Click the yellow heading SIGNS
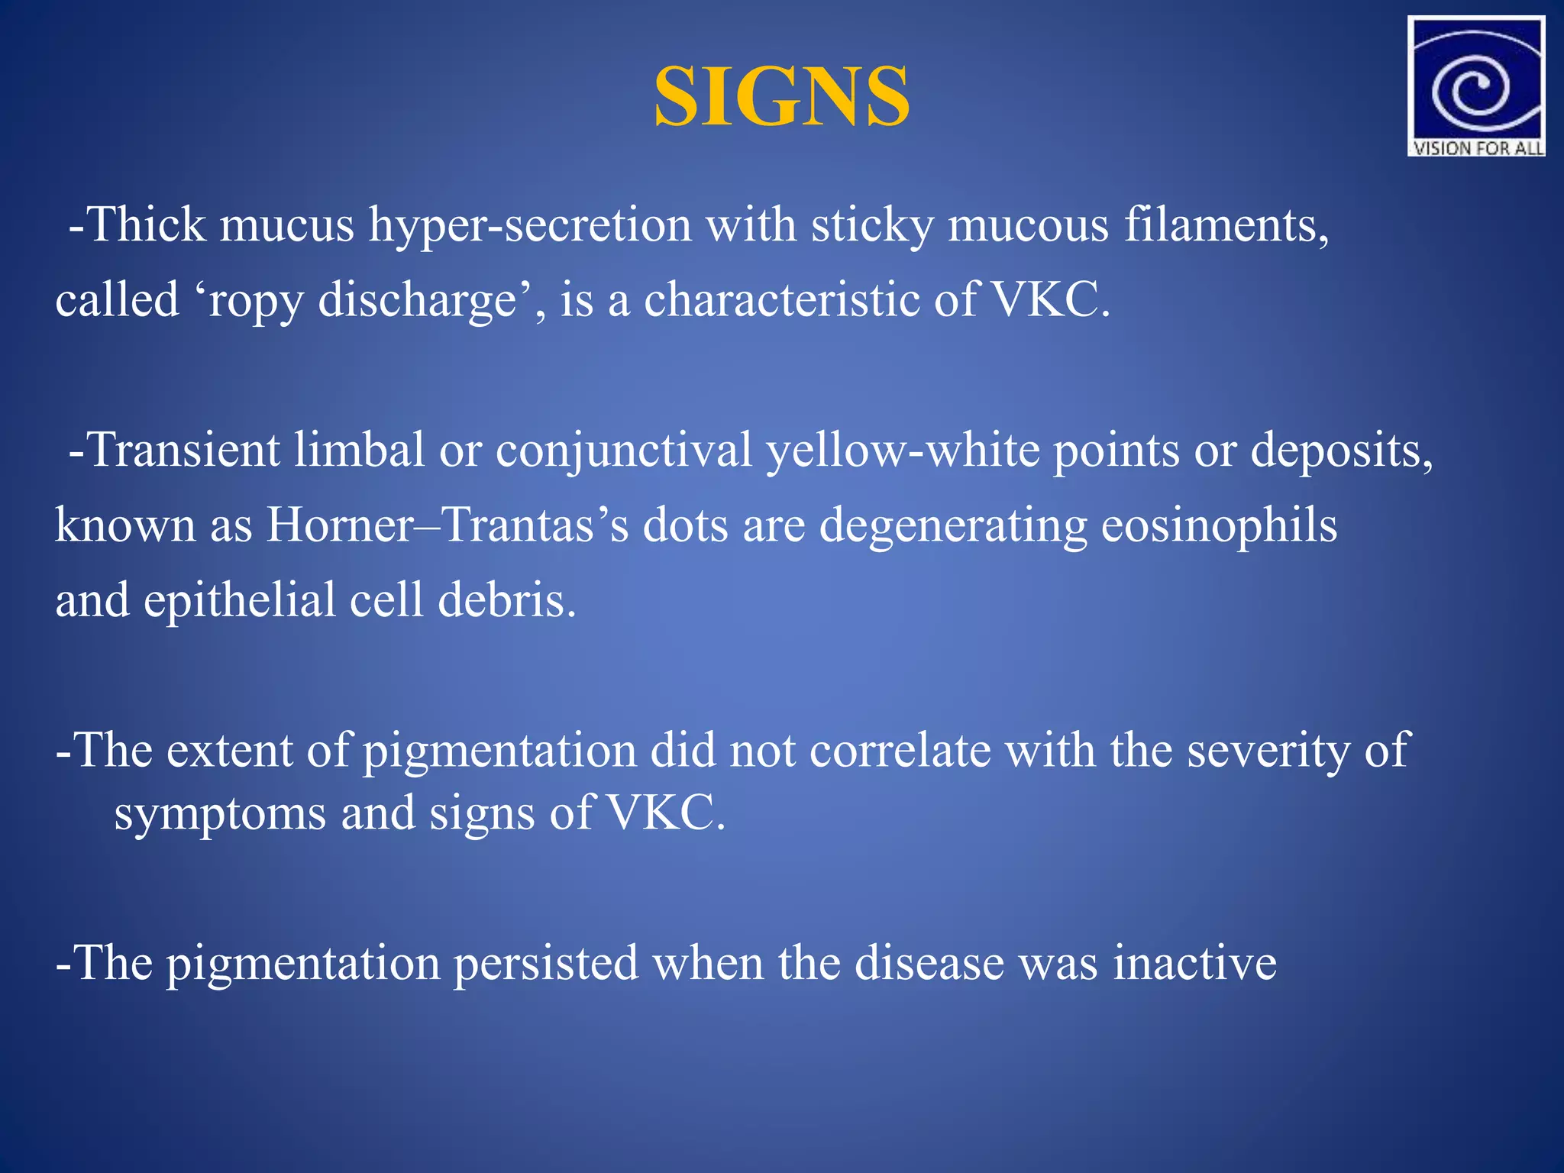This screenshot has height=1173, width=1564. (781, 97)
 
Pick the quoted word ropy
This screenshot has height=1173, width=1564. (257, 300)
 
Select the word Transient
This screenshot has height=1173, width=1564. (184, 450)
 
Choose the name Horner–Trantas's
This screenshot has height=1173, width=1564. (448, 525)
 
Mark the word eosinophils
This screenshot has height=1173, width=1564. (1219, 526)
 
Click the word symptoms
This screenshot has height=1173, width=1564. (220, 814)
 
